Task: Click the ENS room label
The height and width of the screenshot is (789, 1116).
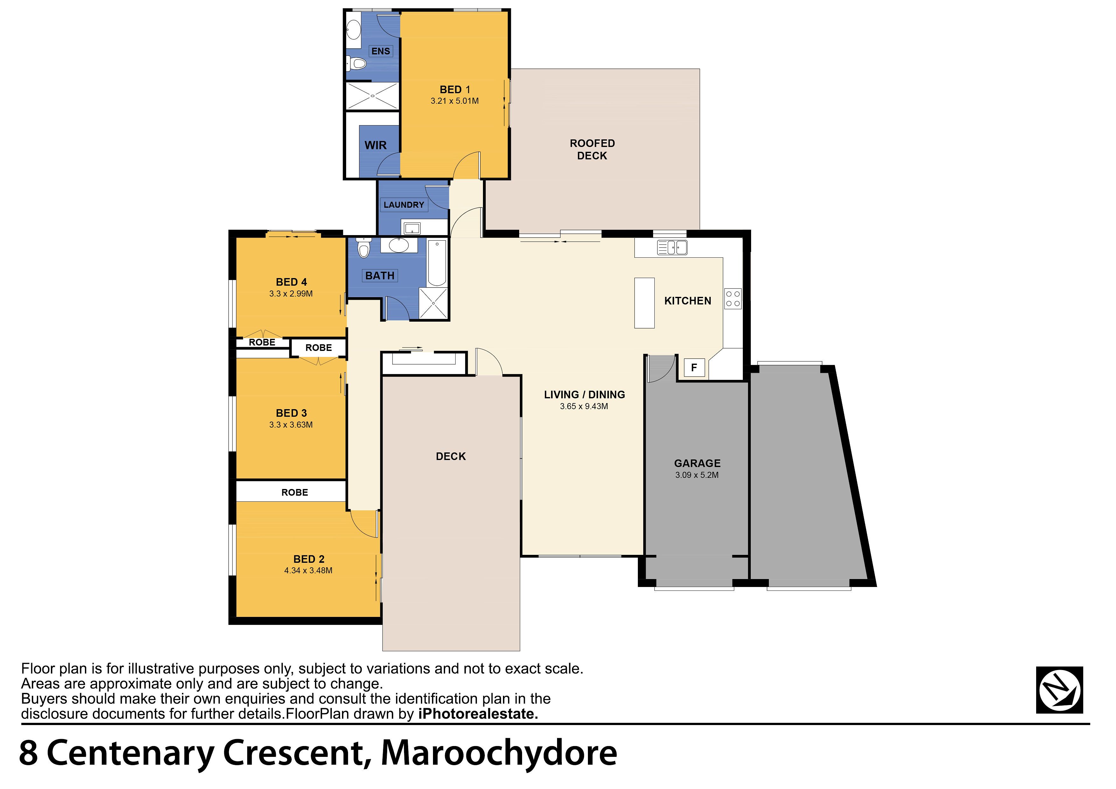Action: tap(380, 51)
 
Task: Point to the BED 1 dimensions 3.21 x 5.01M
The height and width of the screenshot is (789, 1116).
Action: tap(455, 101)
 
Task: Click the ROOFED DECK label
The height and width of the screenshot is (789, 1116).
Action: tap(592, 149)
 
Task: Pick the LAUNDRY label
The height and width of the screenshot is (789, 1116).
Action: tap(404, 205)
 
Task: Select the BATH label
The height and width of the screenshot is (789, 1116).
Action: tap(380, 276)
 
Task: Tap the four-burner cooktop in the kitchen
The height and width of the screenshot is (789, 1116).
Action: tap(733, 298)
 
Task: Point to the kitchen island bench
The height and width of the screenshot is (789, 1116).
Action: tap(645, 303)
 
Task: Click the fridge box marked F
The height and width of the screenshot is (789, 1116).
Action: tap(694, 367)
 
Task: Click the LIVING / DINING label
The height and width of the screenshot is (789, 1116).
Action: tap(584, 395)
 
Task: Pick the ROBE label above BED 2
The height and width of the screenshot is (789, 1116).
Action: tap(295, 492)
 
